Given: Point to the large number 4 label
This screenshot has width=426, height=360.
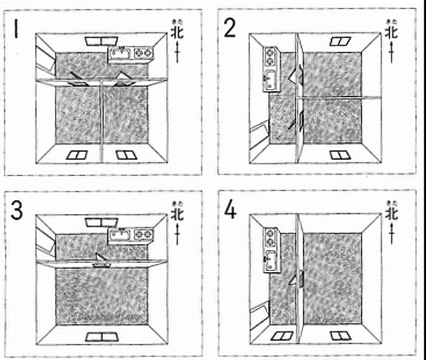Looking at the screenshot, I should coord(230,210).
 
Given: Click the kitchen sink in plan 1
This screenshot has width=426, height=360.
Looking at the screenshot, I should coord(120,52).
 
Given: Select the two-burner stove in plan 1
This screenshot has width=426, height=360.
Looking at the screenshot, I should coord(142,51).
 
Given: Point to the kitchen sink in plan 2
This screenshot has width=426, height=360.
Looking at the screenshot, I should coord(271,81).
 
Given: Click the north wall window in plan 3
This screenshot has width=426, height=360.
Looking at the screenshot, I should coord(102,222).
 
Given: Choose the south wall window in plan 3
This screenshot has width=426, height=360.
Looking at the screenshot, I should coord(101,336).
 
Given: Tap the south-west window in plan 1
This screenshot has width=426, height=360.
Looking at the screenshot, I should coord(78,156).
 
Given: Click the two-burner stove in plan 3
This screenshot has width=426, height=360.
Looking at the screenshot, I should coord(142,234).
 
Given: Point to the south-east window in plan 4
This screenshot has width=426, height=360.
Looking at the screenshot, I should coord(339,336).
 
